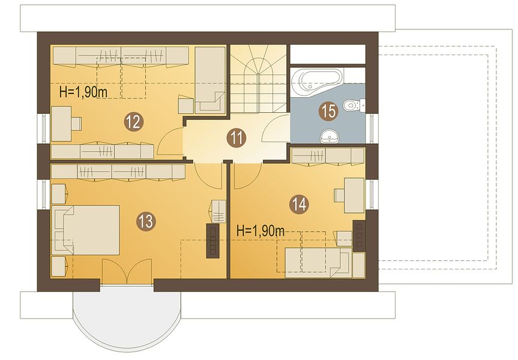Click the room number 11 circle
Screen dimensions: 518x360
[x=236, y=138]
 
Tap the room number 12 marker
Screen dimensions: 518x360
[x=134, y=122]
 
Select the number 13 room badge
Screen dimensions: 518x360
[x=146, y=221]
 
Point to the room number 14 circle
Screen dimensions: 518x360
[x=300, y=204]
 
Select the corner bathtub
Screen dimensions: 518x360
[x=317, y=83]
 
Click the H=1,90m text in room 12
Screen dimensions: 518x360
[x=83, y=92]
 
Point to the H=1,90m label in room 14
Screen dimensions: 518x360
[x=261, y=231]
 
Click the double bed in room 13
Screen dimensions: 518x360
[x=86, y=230]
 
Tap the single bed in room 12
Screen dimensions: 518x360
[x=209, y=80]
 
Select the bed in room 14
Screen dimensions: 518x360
[x=318, y=263]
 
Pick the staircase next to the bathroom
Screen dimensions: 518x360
[x=258, y=79]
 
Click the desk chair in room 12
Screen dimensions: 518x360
[x=77, y=124]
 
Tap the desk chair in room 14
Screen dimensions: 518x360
[x=340, y=195]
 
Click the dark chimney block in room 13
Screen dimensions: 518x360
[x=213, y=241]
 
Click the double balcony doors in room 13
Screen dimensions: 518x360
[x=127, y=271]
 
